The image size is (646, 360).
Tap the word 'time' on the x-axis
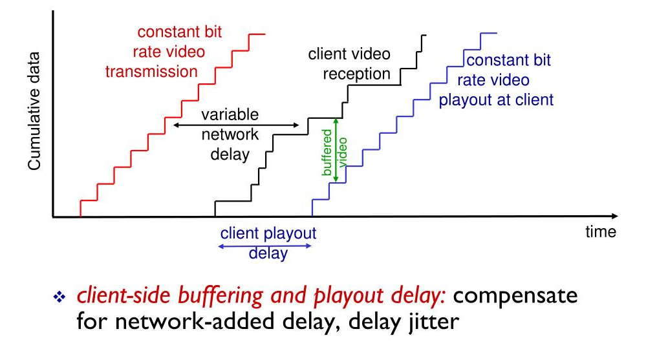[x=601, y=232]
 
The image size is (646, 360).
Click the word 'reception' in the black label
[x=357, y=74]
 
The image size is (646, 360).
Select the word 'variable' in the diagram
[x=230, y=115]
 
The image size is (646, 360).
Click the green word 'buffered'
[x=327, y=153]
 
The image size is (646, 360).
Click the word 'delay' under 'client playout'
[x=268, y=253]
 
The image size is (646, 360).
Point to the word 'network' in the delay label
[x=230, y=135]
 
